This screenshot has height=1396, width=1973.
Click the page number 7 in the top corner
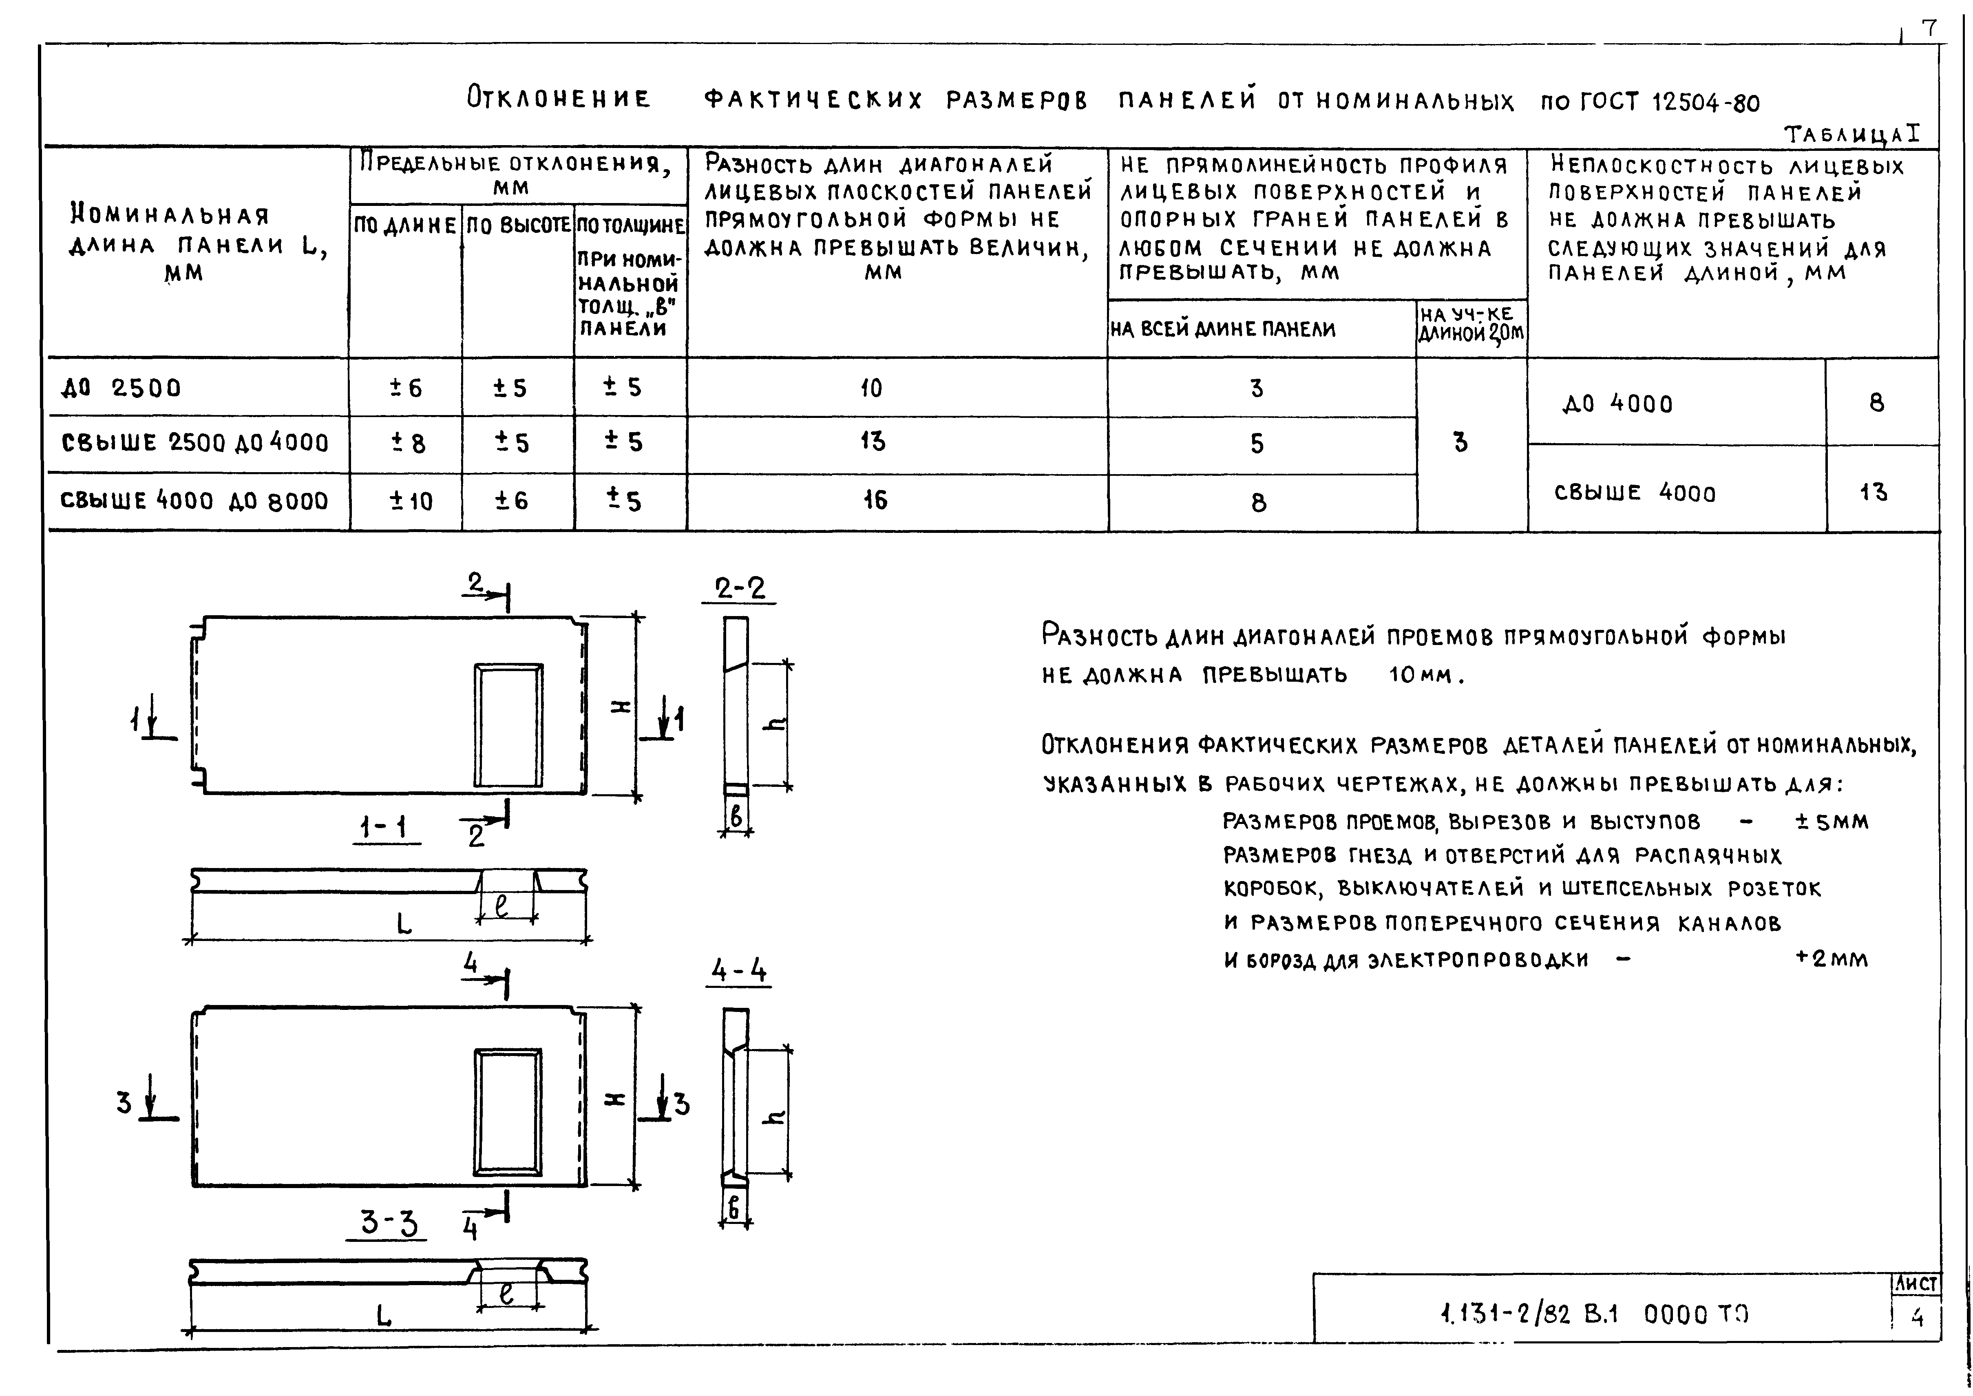click(x=1929, y=29)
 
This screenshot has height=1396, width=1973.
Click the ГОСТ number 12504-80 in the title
click(x=1706, y=103)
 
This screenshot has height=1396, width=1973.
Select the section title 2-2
click(x=739, y=589)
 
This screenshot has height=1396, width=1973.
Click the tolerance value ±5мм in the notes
click(x=1831, y=822)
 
